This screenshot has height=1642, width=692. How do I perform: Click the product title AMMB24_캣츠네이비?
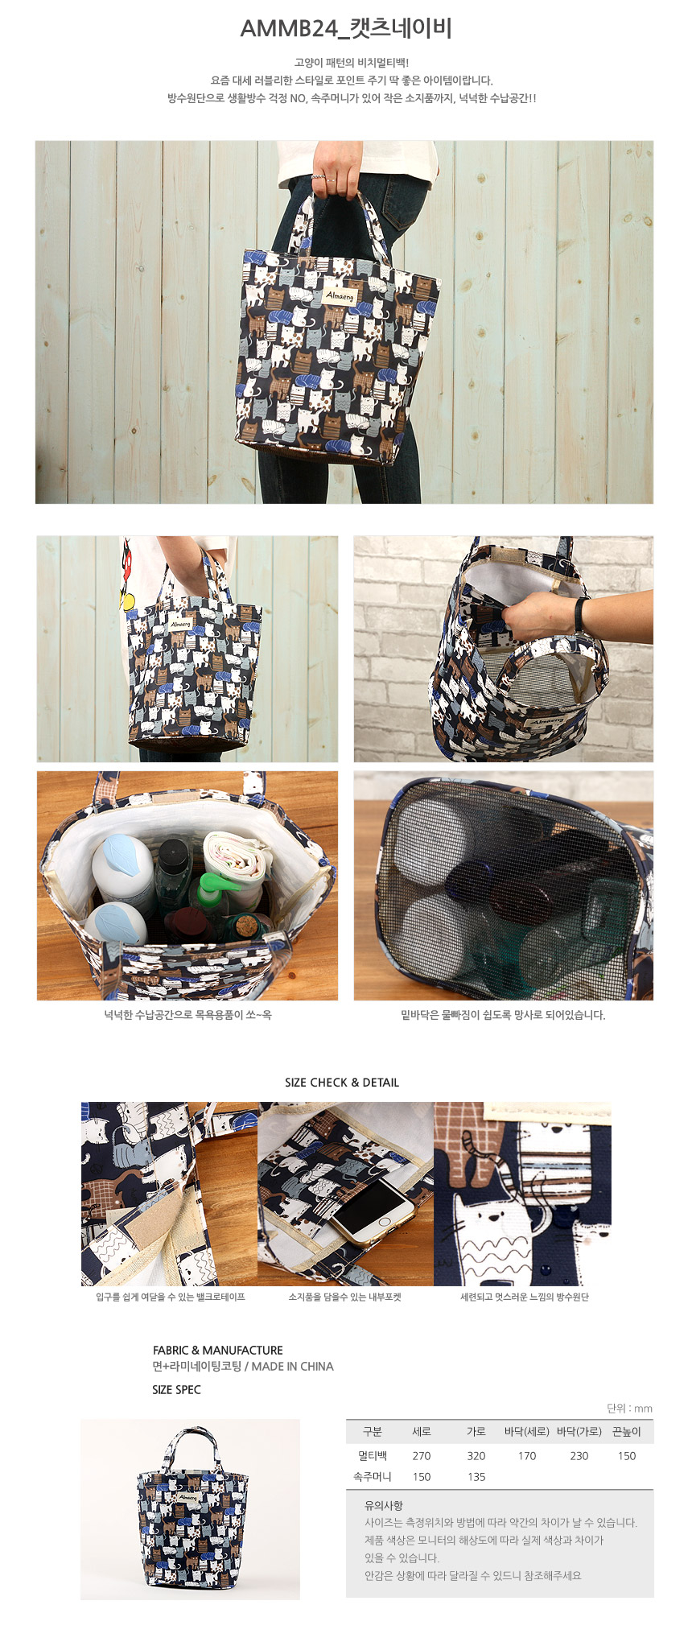tap(346, 29)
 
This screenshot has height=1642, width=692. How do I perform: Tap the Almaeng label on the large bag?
tap(339, 295)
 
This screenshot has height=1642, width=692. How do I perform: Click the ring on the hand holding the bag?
tap(319, 176)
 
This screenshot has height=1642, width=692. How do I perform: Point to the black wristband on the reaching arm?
tap(580, 615)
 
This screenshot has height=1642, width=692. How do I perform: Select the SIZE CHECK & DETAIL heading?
tap(342, 1083)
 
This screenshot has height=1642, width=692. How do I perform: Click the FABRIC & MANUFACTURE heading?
tap(218, 1350)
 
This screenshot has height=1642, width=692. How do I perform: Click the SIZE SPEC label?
tap(176, 1389)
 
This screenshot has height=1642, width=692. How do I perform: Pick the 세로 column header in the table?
tap(422, 1431)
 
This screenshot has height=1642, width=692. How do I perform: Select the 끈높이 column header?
tap(627, 1431)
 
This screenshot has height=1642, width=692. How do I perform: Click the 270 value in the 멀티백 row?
tap(422, 1455)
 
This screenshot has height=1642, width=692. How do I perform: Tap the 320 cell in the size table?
tap(476, 1455)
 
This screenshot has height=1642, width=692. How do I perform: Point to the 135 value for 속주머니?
tap(476, 1476)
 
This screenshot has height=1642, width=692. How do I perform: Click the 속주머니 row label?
tap(373, 1476)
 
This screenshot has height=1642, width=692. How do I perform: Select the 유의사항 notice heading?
tap(384, 1505)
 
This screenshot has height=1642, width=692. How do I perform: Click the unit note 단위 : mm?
tap(629, 1408)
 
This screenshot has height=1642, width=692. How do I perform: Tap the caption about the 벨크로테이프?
tap(171, 1297)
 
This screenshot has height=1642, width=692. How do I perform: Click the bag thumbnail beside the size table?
tap(190, 1509)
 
